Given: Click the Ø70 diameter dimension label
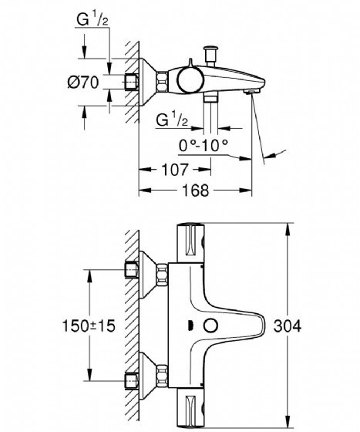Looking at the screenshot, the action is pyautogui.click(x=83, y=82).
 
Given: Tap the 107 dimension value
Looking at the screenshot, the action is pyautogui.click(x=175, y=170).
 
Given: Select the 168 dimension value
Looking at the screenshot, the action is pyautogui.click(x=196, y=190).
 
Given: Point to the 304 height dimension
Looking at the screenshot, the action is pyautogui.click(x=288, y=326).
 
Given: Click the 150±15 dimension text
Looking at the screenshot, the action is pyautogui.click(x=89, y=326).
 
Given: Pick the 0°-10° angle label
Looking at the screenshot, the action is pyautogui.click(x=204, y=145).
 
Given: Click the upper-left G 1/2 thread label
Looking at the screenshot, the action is pyautogui.click(x=93, y=19).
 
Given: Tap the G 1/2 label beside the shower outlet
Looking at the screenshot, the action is pyautogui.click(x=172, y=120).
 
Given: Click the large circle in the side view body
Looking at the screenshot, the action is pyautogui.click(x=190, y=80).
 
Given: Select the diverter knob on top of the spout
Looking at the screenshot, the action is pyautogui.click(x=210, y=56).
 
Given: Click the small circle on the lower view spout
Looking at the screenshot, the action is pyautogui.click(x=210, y=326).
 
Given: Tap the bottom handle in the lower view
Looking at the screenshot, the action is pyautogui.click(x=190, y=410).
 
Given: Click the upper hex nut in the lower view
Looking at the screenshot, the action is pyautogui.click(x=162, y=275).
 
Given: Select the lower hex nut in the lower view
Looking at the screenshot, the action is pyautogui.click(x=162, y=376).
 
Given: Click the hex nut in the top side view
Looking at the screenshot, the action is pyautogui.click(x=162, y=82).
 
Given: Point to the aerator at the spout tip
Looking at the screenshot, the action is pyautogui.click(x=252, y=92).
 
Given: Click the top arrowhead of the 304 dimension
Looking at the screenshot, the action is pyautogui.click(x=288, y=228).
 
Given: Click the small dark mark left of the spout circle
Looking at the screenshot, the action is pyautogui.click(x=189, y=326).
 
